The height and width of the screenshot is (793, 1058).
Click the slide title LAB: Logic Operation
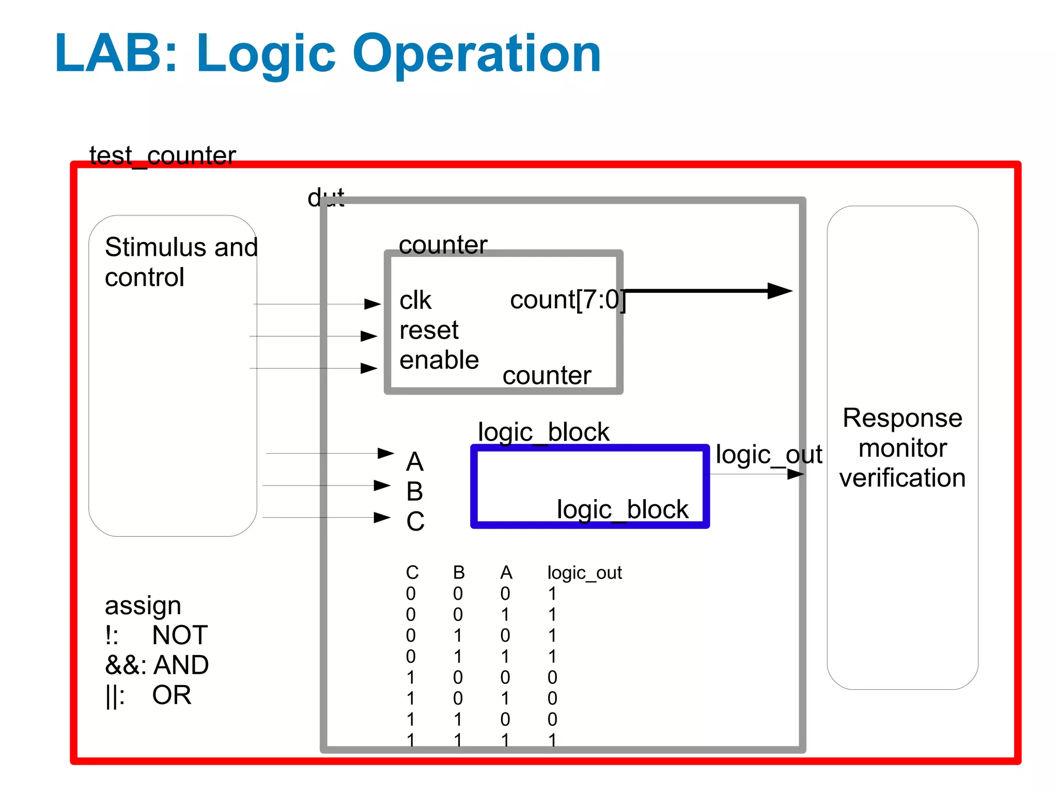point(328,54)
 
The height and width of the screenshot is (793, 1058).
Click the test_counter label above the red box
point(162,156)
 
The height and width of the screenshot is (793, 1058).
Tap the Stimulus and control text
point(181,262)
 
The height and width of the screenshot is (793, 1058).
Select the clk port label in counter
point(415,301)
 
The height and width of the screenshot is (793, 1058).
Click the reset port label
point(428,331)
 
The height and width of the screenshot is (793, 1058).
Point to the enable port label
point(439,360)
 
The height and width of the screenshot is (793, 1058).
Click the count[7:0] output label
point(567,300)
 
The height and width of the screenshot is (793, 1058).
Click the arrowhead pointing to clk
point(372,304)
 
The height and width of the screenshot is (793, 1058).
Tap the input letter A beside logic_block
point(414,462)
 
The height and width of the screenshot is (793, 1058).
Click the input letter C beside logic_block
point(415,522)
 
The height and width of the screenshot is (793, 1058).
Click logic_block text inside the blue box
point(622,510)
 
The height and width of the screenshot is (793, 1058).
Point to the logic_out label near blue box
point(768,455)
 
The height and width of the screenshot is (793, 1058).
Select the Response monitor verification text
point(902,448)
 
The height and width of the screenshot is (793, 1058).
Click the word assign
point(143,606)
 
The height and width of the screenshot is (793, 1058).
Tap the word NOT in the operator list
point(180,635)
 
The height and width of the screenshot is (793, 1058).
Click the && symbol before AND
point(121,665)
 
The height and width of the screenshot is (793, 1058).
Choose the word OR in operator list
point(172,695)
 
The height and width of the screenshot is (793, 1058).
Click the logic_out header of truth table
point(584,573)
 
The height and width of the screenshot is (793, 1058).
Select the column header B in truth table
point(459,573)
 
